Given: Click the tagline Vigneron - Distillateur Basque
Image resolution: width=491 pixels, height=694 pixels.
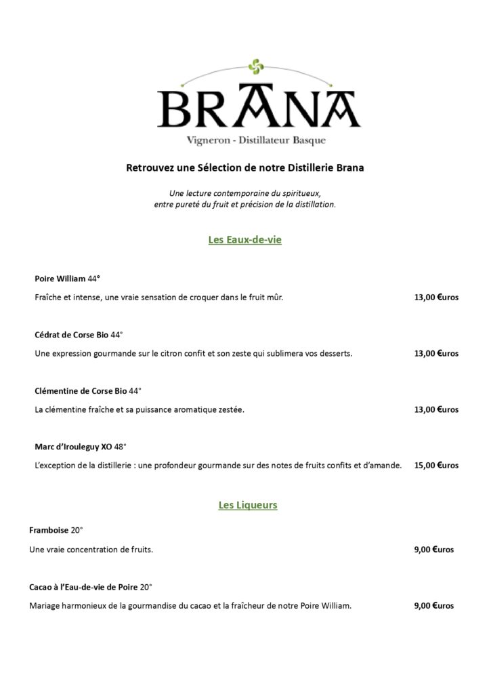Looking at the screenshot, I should coord(257,140).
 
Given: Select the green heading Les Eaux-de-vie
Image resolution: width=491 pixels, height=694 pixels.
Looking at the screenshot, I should coord(244,239).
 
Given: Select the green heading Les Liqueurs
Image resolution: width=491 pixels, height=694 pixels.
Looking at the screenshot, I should coord(248,505).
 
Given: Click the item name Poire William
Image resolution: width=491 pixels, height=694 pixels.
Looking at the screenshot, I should coord(60,279).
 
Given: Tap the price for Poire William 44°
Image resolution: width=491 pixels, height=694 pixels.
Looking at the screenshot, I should coord(436,297).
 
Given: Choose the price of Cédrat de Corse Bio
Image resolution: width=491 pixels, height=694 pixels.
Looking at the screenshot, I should coord(436,353).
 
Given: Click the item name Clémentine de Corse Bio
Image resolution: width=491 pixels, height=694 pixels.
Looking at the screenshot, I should coord(81,391).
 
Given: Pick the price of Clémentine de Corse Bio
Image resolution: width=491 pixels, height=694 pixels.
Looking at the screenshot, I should coord(436,409).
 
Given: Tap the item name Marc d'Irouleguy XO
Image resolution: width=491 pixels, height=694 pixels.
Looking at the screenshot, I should coord(73,447).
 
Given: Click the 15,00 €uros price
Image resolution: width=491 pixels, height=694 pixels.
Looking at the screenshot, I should coord(436,466).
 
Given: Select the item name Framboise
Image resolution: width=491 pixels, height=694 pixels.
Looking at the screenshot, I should coord(49,531).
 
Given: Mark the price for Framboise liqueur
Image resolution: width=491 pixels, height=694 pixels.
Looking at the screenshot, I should coord(433,550).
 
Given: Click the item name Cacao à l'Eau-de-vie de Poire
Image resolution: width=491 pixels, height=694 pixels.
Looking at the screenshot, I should coord(83,587).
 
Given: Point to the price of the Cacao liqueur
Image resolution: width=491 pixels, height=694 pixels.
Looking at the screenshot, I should coord(433,605).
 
